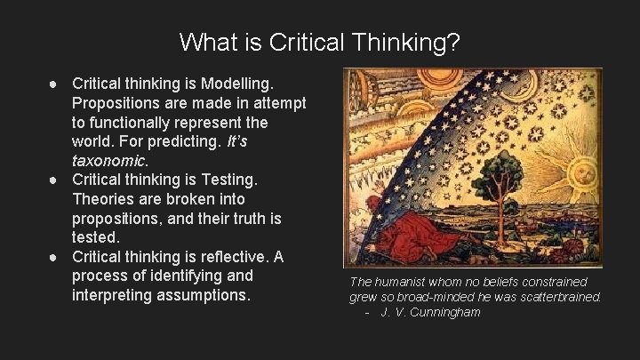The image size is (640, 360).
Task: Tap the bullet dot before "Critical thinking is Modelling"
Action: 55,83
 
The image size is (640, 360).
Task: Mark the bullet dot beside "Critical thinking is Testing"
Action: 55,180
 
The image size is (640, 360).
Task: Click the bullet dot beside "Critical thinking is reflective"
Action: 55,257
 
